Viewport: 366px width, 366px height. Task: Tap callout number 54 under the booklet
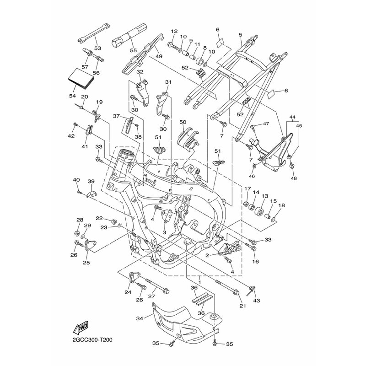[72, 96]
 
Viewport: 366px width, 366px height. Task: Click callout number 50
[183, 123]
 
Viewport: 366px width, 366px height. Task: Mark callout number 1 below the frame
[200, 277]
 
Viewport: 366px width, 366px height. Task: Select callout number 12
[174, 31]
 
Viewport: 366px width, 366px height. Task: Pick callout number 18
[281, 205]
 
